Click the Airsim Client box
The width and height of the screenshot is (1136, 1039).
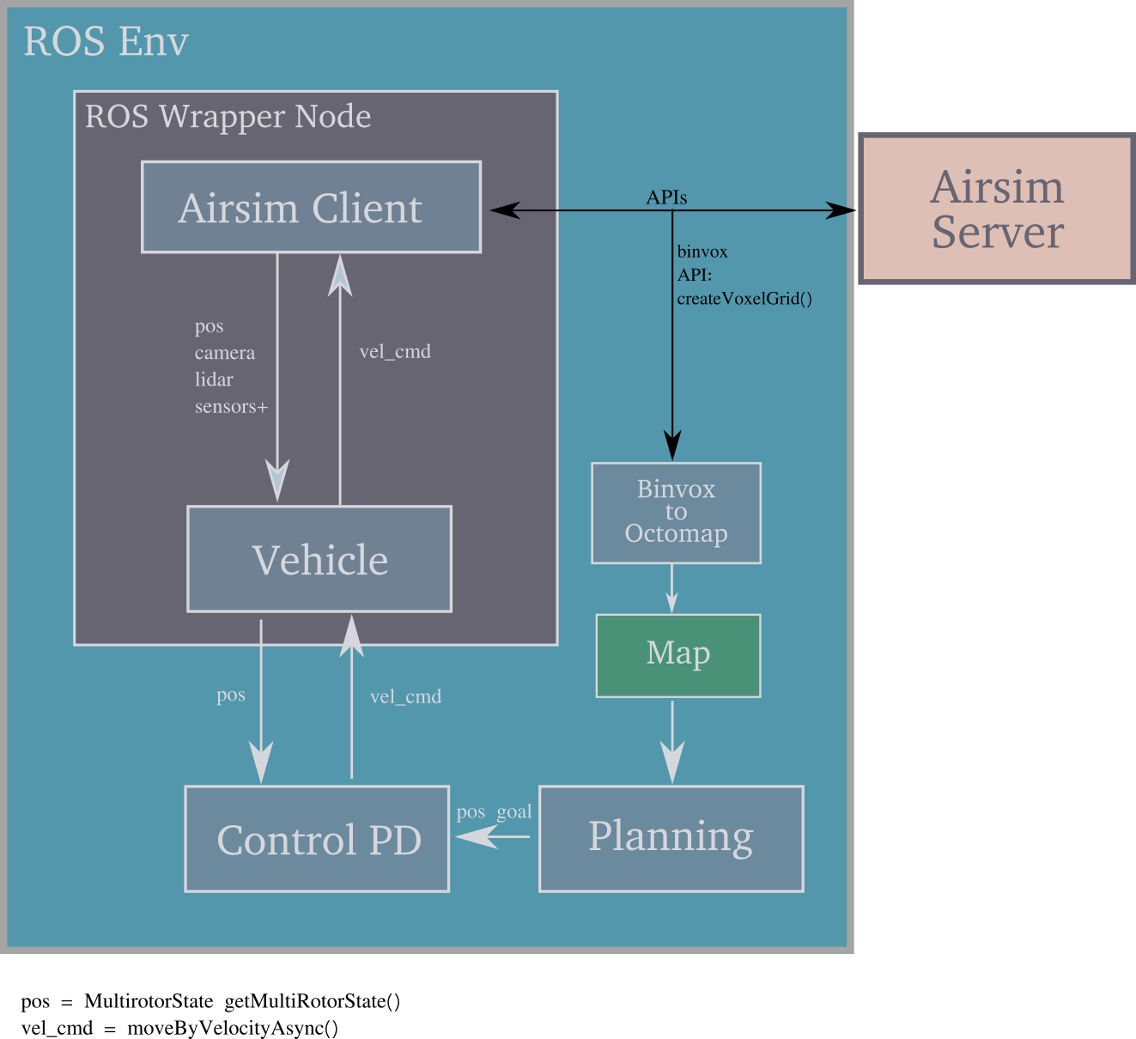pyautogui.click(x=311, y=207)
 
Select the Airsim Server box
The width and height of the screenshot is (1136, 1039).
pyautogui.click(x=997, y=209)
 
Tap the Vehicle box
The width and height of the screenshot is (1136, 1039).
pyautogui.click(x=319, y=559)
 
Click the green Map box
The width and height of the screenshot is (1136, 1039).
pyautogui.click(x=677, y=655)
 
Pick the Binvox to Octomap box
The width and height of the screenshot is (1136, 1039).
pyautogui.click(x=676, y=513)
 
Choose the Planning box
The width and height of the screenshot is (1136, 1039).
pyautogui.click(x=671, y=838)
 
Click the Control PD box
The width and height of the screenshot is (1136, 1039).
pyautogui.click(x=317, y=839)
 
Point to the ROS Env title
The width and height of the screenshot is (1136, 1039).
pyautogui.click(x=106, y=41)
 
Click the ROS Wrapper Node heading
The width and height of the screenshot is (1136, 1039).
pyautogui.click(x=228, y=116)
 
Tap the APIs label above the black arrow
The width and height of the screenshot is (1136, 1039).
pyautogui.click(x=666, y=197)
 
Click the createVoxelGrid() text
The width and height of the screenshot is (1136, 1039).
pyautogui.click(x=744, y=299)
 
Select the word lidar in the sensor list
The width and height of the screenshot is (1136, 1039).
pyautogui.click(x=214, y=380)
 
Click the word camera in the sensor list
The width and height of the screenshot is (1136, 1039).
pyautogui.click(x=224, y=353)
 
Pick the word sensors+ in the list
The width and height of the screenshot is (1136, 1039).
pyautogui.click(x=231, y=407)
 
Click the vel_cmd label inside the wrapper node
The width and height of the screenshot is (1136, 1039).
pyautogui.click(x=395, y=351)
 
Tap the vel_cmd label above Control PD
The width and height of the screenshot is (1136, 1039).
pyautogui.click(x=405, y=696)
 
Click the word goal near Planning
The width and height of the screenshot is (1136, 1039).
pyautogui.click(x=513, y=811)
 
